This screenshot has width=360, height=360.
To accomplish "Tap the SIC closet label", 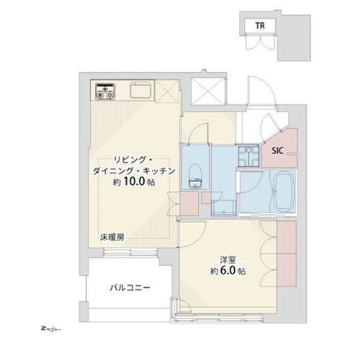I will pos(277,151).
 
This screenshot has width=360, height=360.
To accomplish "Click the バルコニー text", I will pos(130,287).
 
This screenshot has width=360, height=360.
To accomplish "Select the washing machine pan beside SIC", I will pos(249,153).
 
